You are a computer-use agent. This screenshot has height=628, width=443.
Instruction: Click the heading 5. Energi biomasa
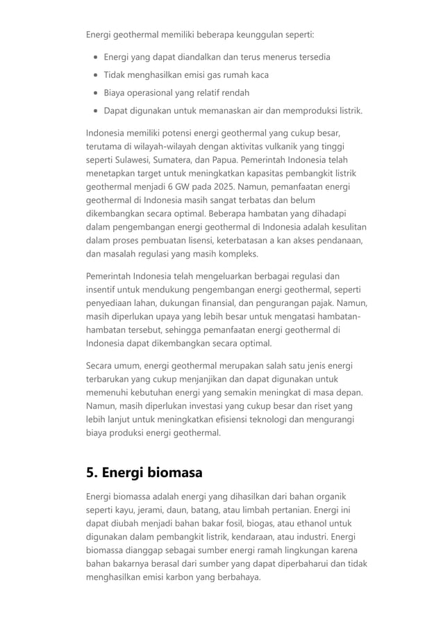[144, 473]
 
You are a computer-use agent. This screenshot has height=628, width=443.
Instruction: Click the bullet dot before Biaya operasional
[94, 92]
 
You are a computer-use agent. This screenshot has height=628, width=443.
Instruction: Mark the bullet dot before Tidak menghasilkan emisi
[94, 74]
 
